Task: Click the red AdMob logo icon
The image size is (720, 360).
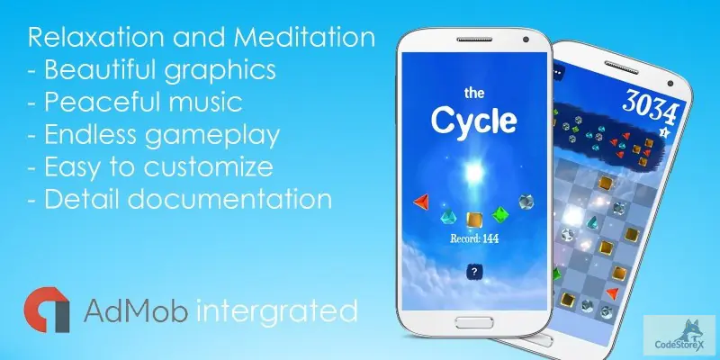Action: click(48, 309)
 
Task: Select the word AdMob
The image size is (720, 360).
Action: click(135, 311)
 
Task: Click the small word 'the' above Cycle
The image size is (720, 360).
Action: click(473, 93)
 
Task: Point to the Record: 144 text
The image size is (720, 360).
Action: click(473, 238)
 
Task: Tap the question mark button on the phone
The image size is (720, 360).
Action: click(474, 272)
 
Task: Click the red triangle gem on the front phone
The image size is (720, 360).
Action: click(420, 202)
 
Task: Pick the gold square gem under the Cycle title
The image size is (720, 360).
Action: click(472, 219)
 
